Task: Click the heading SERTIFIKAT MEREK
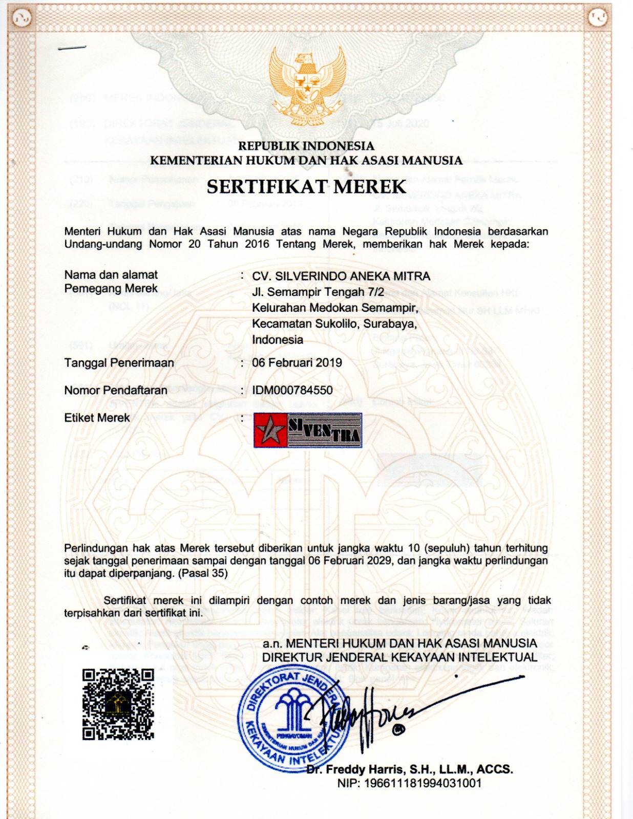coord(306,187)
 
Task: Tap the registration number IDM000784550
coord(292,391)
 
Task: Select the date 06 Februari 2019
coord(297,363)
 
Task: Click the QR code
coord(118,704)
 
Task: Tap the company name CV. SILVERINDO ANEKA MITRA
coord(341,276)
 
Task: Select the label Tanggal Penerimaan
coord(119,363)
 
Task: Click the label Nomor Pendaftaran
coord(116,391)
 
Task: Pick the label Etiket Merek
coord(97,418)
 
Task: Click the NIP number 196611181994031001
coord(409,783)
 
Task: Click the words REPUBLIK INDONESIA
coord(306,146)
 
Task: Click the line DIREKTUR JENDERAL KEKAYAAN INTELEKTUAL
coord(399,657)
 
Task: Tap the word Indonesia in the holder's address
coord(278,340)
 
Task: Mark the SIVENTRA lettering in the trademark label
coord(325,430)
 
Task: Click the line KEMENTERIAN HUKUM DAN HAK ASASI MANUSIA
coord(306,161)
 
